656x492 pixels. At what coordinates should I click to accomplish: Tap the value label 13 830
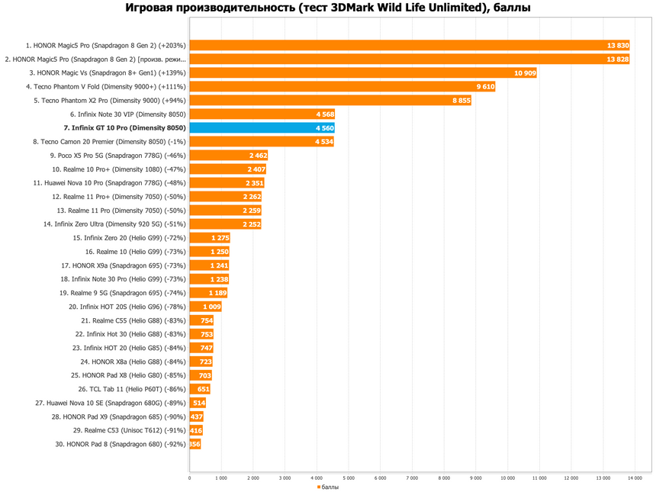(617, 46)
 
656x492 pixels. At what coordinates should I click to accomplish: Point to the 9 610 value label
(485, 87)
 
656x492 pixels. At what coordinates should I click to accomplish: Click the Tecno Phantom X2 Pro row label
(109, 101)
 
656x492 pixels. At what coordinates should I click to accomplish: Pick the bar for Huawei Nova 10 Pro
(226, 183)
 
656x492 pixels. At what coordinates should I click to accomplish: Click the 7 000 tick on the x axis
(412, 478)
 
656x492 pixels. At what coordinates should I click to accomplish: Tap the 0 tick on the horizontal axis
(190, 478)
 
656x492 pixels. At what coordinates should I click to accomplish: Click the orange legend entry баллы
(328, 486)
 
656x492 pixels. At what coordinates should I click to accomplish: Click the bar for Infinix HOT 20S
(205, 307)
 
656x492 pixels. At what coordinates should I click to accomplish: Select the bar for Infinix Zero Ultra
(224, 224)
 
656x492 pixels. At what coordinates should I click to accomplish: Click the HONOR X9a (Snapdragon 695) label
(123, 265)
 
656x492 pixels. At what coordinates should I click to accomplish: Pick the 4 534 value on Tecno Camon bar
(323, 142)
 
